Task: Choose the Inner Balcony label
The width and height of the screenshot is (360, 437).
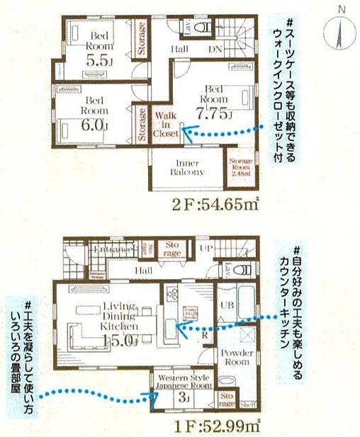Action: [x=186, y=167]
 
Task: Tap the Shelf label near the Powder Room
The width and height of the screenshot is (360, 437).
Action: [x=247, y=405]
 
